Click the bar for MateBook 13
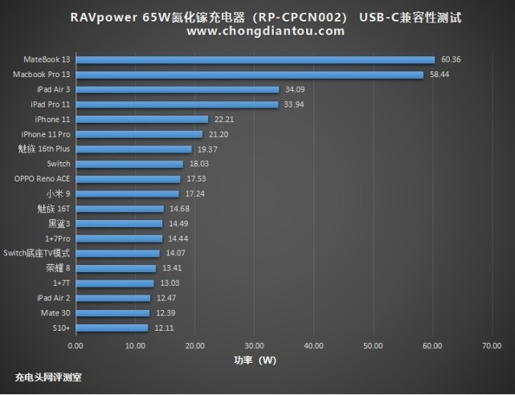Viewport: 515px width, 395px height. [x=255, y=59]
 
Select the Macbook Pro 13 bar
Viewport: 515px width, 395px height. [x=249, y=75]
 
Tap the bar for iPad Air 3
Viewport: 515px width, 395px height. [x=177, y=89]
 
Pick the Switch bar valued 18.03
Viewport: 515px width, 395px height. [x=129, y=164]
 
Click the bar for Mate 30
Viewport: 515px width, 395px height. [x=112, y=312]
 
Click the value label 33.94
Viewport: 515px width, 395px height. [x=293, y=104]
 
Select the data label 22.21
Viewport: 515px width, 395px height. [x=223, y=119]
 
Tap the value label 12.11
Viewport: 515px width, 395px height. [x=163, y=328]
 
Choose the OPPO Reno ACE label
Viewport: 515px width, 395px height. [x=43, y=179]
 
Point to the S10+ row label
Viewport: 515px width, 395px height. [x=61, y=328]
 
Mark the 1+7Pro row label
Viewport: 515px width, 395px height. [x=55, y=238]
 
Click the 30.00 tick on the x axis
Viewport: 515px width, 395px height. [x=254, y=347]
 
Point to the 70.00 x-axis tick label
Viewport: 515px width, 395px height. [x=492, y=347]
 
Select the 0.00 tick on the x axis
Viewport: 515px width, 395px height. [x=76, y=347]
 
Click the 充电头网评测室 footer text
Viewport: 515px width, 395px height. [x=48, y=376]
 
